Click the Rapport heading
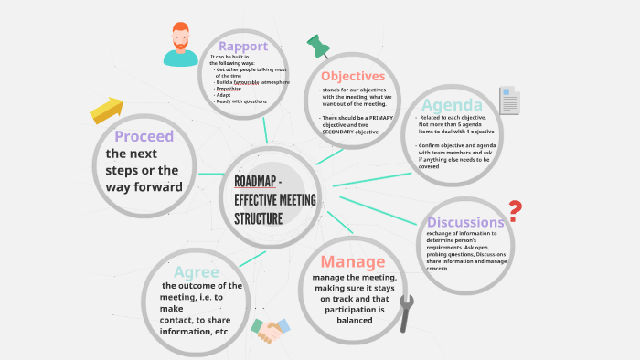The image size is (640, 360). tap(243, 47)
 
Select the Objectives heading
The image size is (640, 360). tap(353, 76)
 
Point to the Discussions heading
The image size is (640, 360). tap(465, 222)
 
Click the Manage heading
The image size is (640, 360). tap(353, 262)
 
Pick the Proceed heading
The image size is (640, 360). tap(144, 137)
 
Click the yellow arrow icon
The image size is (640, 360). tap(107, 110)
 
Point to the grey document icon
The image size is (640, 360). tap(509, 100)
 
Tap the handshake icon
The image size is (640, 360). tap(270, 330)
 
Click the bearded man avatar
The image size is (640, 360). tap(181, 45)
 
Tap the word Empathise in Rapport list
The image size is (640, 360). tap(229, 89)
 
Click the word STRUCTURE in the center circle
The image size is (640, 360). tap(259, 218)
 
